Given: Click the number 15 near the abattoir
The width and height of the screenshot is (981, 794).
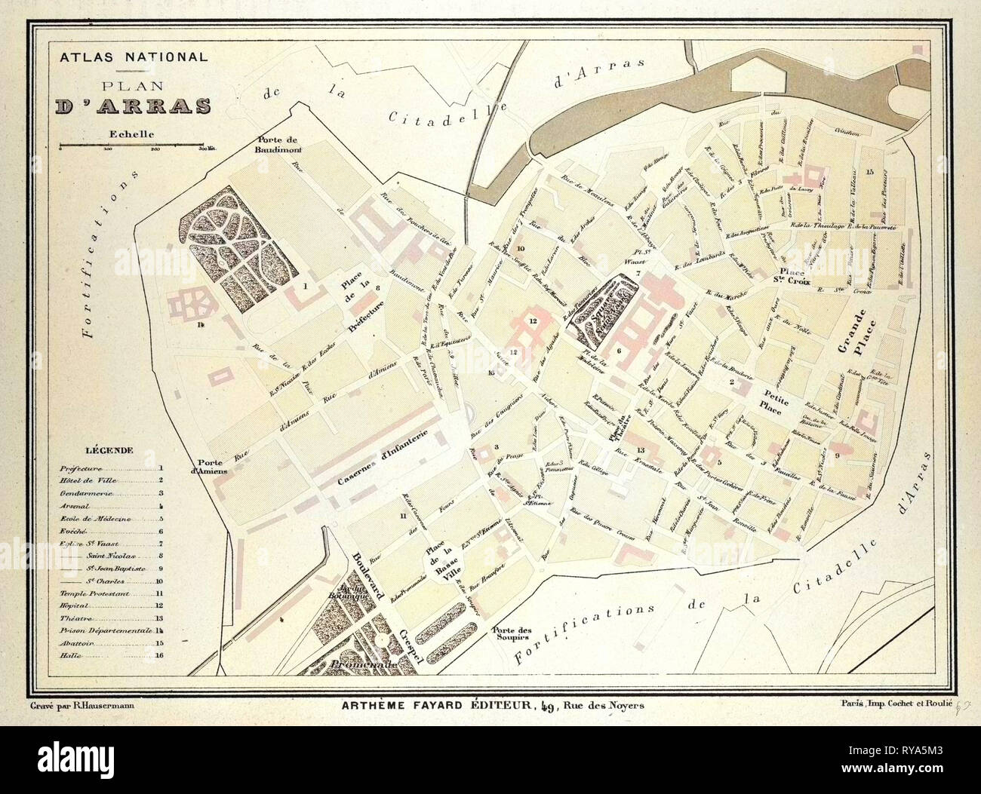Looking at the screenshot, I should [870, 173].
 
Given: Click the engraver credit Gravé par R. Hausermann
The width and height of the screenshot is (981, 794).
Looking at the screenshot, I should [87, 706].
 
